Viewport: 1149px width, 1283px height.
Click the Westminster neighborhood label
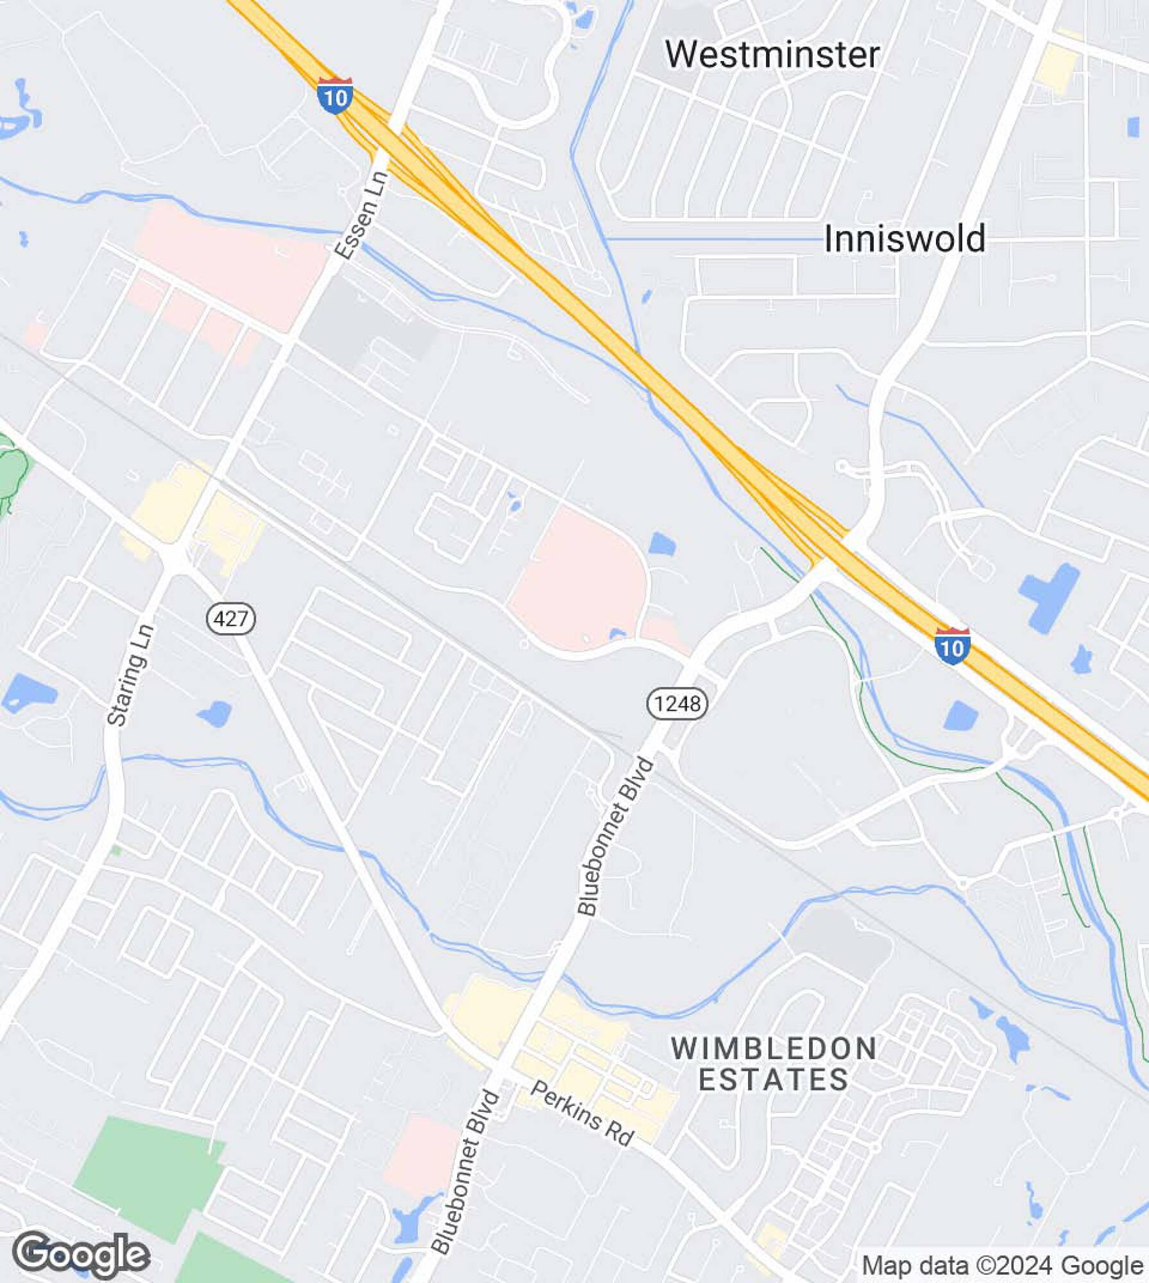[x=772, y=55]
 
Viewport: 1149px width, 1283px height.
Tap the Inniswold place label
[x=904, y=239]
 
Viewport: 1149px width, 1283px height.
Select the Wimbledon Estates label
[x=774, y=1064]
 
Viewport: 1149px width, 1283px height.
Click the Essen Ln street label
[x=362, y=215]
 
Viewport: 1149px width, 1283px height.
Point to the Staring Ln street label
[x=131, y=675]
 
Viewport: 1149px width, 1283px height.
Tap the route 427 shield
[x=231, y=618]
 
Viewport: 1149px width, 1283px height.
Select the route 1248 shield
[x=677, y=704]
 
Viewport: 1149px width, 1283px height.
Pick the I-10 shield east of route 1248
[x=952, y=647]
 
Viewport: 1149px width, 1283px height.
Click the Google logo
[x=81, y=1255]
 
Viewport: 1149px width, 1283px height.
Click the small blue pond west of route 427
[x=215, y=713]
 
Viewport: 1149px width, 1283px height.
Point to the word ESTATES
[x=774, y=1080]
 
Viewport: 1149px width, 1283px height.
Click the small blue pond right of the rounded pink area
[x=662, y=545]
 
